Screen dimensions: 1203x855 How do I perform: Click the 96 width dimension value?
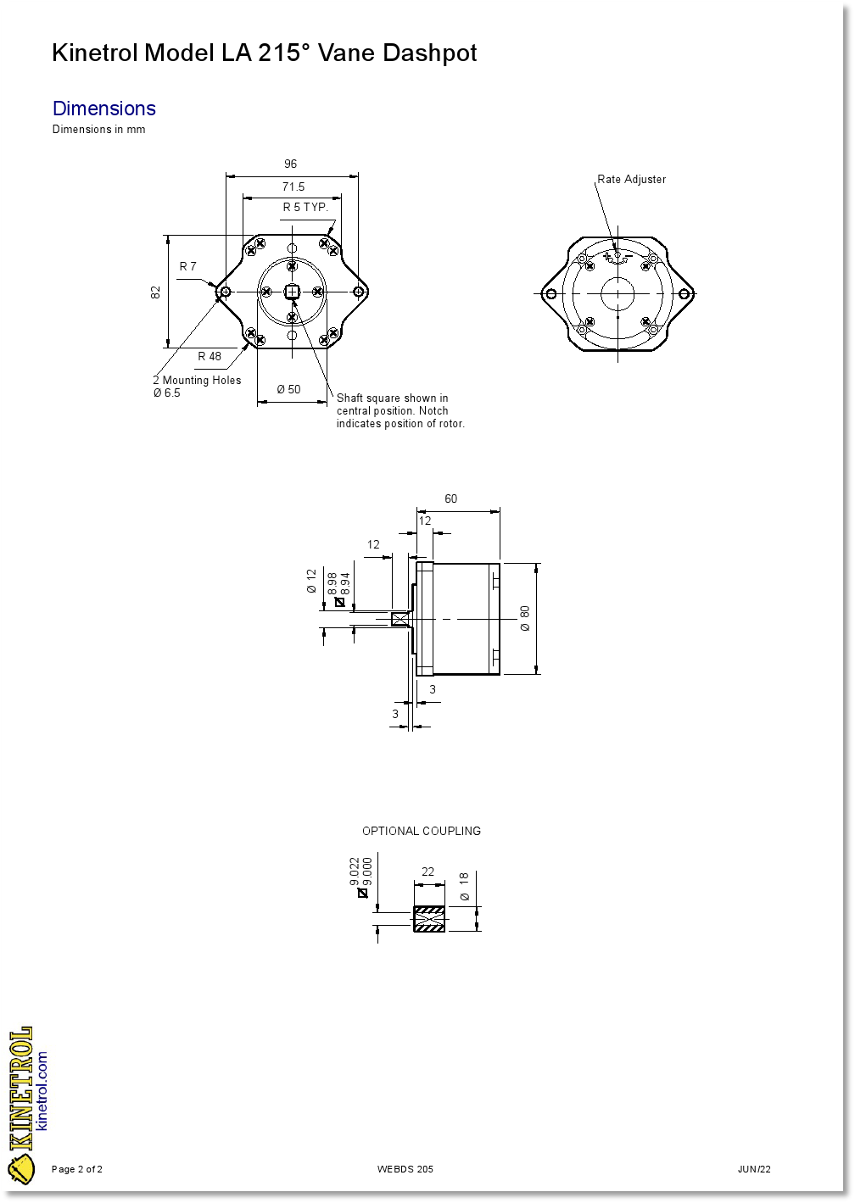(290, 164)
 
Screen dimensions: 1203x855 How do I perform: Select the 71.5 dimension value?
(293, 187)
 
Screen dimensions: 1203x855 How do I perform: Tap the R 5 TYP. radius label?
(305, 208)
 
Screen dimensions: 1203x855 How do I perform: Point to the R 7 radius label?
(187, 267)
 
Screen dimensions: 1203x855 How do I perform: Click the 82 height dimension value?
(156, 292)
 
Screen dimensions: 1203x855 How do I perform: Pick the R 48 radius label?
(210, 357)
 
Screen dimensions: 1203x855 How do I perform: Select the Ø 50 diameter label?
(288, 390)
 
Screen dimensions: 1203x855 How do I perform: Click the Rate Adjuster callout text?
(631, 180)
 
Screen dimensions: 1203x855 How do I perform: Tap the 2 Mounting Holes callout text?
(197, 381)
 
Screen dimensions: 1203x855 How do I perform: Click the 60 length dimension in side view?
(450, 499)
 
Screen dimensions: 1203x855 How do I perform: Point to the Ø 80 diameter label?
(525, 618)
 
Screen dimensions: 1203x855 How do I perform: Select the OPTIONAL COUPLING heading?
(422, 832)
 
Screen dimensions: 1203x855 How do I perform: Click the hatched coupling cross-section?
(429, 919)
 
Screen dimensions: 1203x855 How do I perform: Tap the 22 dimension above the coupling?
(427, 872)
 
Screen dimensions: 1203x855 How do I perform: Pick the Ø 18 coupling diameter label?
(465, 886)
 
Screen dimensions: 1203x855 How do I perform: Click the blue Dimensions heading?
(104, 109)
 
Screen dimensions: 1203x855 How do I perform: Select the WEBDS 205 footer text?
(405, 1170)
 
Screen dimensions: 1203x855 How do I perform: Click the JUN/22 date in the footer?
(754, 1170)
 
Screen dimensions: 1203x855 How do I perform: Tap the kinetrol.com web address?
(42, 1091)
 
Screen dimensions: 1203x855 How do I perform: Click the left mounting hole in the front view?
(224, 292)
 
